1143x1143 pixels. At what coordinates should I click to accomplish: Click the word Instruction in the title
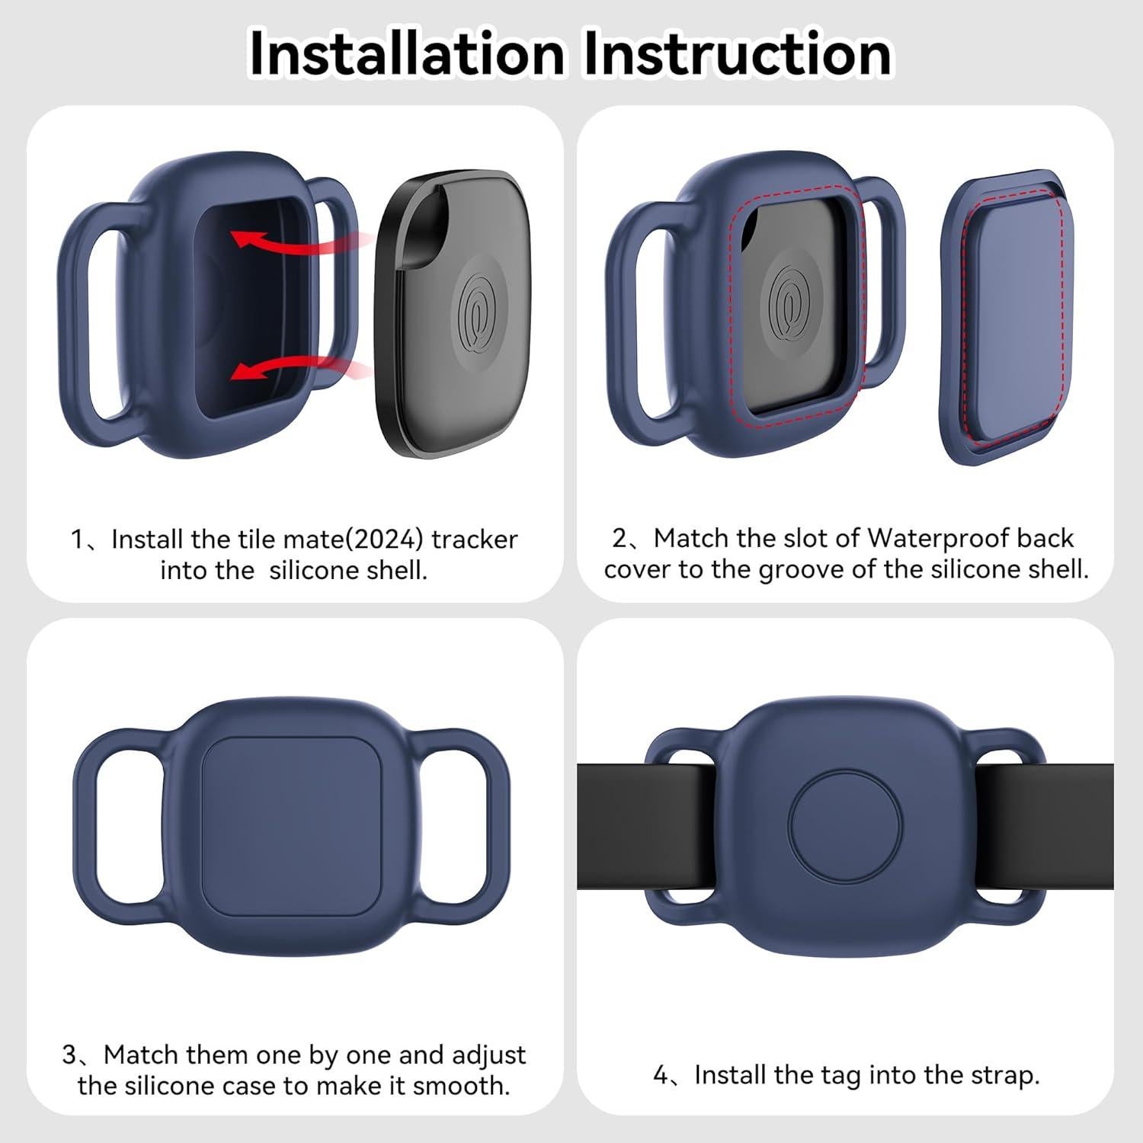tap(737, 53)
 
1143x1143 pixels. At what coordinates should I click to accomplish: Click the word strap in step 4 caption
tap(1005, 1075)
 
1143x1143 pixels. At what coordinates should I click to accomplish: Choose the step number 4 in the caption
tap(661, 1075)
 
